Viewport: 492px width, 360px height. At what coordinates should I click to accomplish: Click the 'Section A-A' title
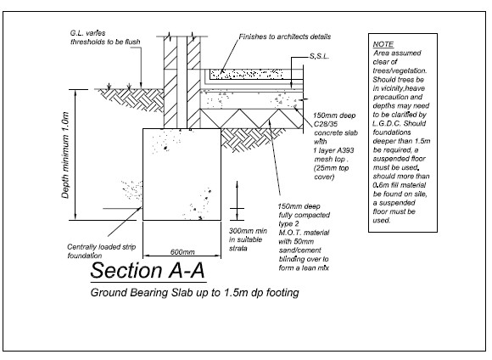pos(148,270)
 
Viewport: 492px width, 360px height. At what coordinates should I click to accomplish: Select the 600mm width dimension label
pos(182,252)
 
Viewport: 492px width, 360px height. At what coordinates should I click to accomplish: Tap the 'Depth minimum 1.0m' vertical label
pos(65,155)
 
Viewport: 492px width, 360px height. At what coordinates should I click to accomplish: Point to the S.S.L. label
pos(319,56)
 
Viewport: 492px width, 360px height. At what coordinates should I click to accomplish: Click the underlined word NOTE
pos(383,44)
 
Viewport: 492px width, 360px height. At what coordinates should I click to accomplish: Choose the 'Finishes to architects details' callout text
pos(284,37)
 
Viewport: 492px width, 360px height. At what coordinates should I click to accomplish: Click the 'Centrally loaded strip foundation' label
pos(101,251)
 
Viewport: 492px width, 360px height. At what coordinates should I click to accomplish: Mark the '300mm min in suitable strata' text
pos(248,239)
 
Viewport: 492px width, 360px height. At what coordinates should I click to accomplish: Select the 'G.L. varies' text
pos(87,33)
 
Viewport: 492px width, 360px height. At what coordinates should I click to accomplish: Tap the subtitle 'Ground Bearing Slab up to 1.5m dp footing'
pos(194,292)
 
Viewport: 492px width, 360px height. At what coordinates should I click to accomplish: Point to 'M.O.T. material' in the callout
pos(304,233)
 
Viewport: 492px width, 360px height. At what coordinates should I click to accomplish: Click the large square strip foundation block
pos(182,174)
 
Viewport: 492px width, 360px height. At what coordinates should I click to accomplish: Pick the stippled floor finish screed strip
pos(246,74)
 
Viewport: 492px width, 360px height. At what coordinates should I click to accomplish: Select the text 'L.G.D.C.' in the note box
pos(387,123)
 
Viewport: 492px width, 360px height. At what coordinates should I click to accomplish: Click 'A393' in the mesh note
pos(344,150)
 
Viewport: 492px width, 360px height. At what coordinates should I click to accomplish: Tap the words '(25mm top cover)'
pos(332,172)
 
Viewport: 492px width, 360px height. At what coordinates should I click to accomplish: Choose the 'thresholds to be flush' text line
pos(105,42)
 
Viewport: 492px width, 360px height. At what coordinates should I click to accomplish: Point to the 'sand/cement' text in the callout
pos(299,250)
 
